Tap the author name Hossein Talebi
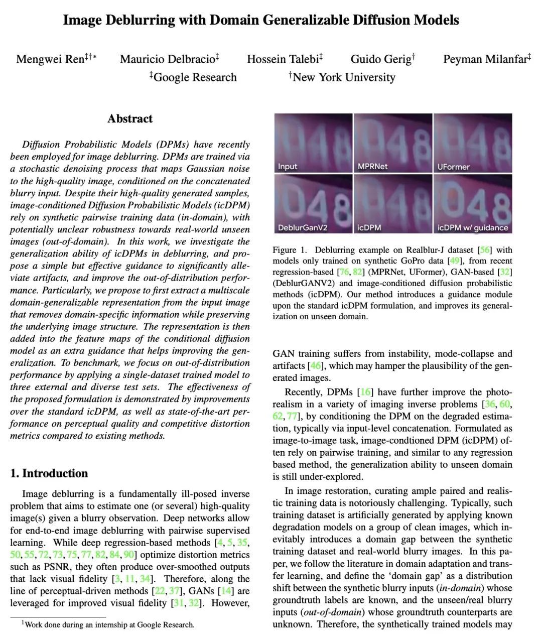coord(283,59)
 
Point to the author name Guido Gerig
coord(381,59)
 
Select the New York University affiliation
coord(343,77)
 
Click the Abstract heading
coord(129,119)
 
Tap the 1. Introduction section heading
coord(49,473)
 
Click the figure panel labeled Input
coord(313,143)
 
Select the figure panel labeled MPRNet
coord(392,143)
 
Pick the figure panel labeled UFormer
coord(473,143)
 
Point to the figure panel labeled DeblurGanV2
coord(313,203)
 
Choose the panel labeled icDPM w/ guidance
coord(473,203)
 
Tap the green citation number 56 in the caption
coord(486,250)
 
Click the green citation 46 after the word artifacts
coord(316,366)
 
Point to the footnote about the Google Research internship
coord(108,625)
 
